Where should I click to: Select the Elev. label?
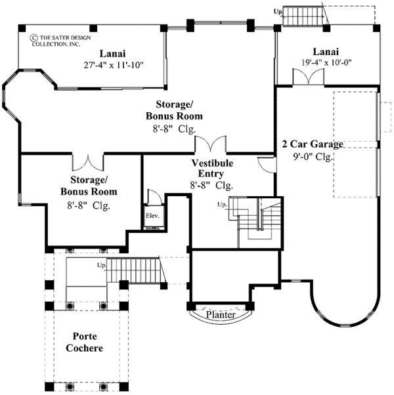[x=153, y=216]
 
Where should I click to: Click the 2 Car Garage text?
[x=313, y=144]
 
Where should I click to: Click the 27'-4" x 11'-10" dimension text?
[x=112, y=65]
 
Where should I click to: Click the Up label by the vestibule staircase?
[x=223, y=205]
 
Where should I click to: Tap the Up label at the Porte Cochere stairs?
[x=102, y=266]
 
